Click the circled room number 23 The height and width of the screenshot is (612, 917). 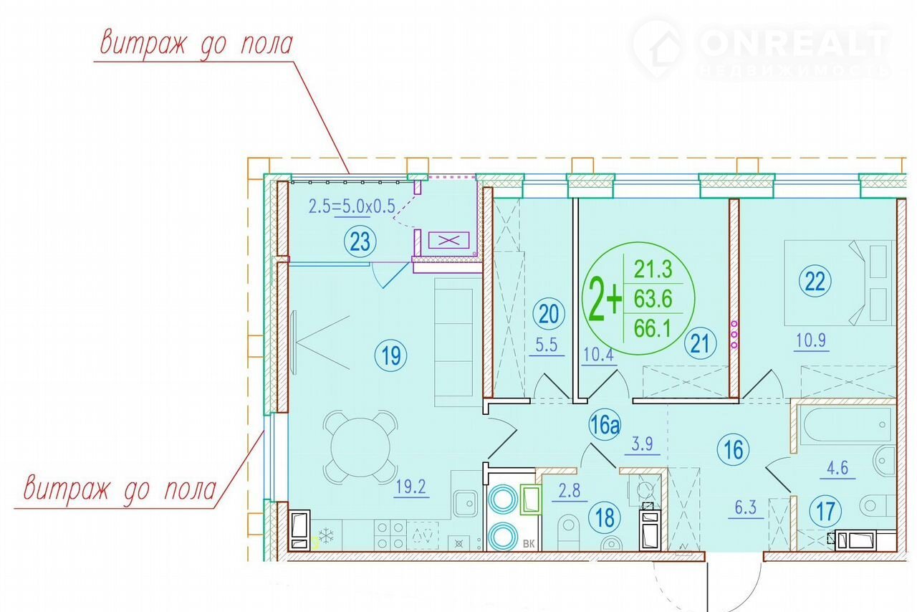click(x=360, y=242)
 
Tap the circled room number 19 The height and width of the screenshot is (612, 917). click(x=390, y=355)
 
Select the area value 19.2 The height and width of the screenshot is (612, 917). click(x=411, y=487)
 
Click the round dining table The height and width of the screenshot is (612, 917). click(x=360, y=447)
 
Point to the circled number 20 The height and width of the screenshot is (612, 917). click(x=549, y=314)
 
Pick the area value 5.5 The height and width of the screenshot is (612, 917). click(x=547, y=345)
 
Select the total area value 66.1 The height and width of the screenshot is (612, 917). click(x=653, y=328)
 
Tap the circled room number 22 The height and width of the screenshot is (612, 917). click(x=815, y=282)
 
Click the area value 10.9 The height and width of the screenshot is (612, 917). click(x=812, y=340)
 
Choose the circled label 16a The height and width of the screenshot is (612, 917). click(x=605, y=425)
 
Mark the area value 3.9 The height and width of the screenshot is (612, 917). click(x=642, y=444)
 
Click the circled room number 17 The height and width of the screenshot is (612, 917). click(x=825, y=512)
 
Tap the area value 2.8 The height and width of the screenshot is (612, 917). click(x=570, y=491)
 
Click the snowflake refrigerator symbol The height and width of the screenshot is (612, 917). click(x=326, y=536)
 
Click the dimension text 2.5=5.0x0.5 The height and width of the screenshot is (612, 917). click(x=352, y=206)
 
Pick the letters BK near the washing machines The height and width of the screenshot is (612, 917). click(x=529, y=544)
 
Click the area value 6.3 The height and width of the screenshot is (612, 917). click(x=746, y=508)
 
